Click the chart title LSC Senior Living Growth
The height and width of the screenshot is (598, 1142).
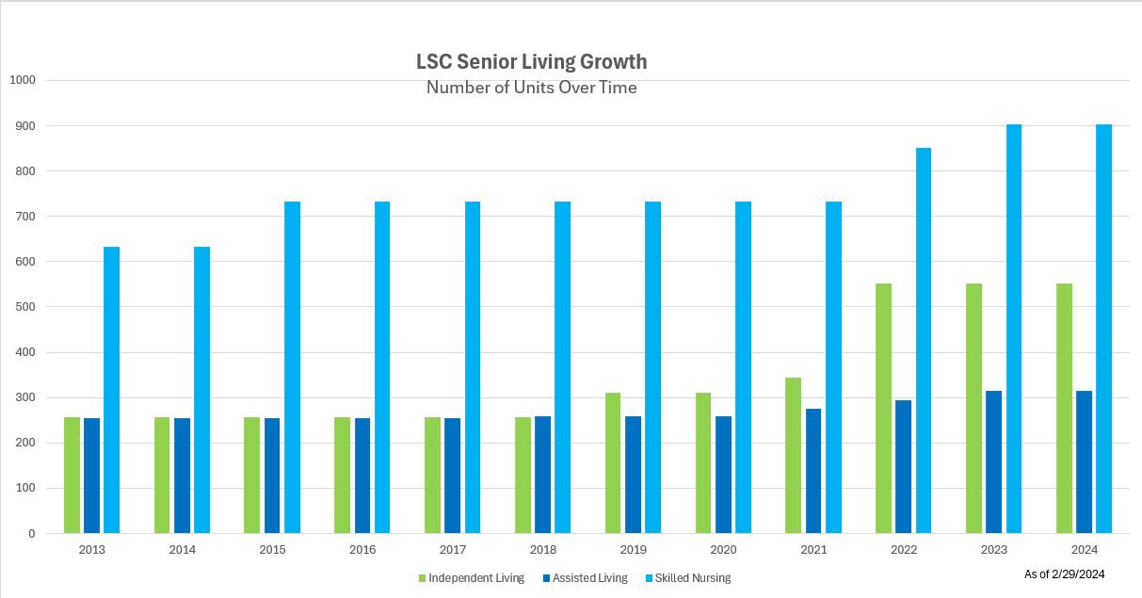[x=531, y=62]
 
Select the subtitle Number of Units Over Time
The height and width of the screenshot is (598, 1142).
[x=531, y=88]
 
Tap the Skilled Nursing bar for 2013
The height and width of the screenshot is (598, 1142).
[x=111, y=390]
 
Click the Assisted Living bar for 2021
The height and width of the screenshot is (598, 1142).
[x=812, y=471]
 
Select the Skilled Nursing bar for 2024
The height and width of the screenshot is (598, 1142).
[x=1103, y=329]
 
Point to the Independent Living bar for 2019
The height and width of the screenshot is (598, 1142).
[x=613, y=462]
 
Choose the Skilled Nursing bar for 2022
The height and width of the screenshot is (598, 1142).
[x=924, y=340]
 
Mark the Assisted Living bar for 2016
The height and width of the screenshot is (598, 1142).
[x=362, y=476]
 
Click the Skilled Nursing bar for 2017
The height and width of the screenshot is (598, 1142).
[x=473, y=367]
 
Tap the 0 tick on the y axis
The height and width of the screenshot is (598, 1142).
[x=31, y=534]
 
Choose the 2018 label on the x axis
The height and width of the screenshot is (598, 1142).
[x=543, y=550]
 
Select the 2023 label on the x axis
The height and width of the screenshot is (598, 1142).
[x=994, y=550]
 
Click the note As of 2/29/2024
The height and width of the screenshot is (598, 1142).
[x=1064, y=574]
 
